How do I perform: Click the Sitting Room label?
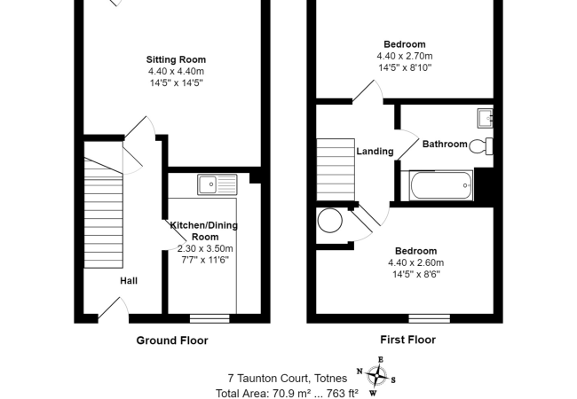tap(176, 59)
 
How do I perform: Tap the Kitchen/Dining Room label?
tap(205, 231)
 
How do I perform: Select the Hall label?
tap(129, 281)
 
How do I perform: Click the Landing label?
tap(375, 152)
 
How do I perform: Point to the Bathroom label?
tap(444, 145)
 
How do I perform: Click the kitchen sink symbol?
tap(217, 184)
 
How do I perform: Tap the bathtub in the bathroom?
tap(441, 186)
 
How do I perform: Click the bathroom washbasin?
tap(485, 118)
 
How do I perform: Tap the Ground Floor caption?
tap(171, 340)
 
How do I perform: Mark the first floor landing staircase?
tap(335, 168)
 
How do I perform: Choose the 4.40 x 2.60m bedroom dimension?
tap(415, 262)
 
